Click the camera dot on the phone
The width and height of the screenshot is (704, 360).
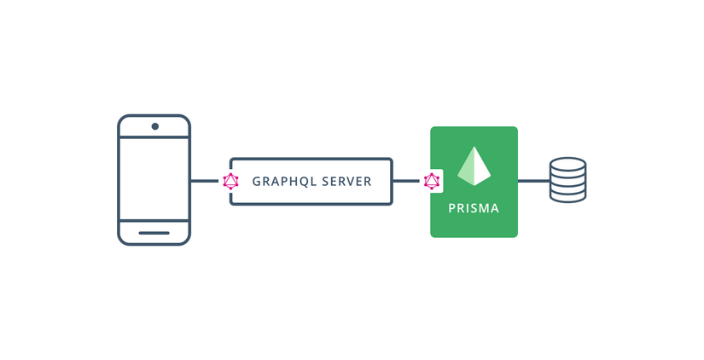[154, 126]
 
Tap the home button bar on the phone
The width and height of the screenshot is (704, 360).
[154, 232]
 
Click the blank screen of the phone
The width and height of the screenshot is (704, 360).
[154, 179]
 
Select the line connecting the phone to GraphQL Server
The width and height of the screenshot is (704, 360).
[204, 181]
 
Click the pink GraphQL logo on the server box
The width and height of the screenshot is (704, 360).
[230, 181]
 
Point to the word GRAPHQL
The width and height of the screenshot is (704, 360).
[282, 181]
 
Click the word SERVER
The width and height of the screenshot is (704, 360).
[345, 181]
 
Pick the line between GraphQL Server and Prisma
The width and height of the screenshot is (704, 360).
[407, 181]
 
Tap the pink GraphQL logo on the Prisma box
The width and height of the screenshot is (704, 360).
[432, 181]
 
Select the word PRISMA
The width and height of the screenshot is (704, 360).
[474, 208]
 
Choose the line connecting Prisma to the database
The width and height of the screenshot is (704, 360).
[533, 181]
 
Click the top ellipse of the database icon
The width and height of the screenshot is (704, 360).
[567, 163]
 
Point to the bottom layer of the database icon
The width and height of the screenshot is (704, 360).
[567, 195]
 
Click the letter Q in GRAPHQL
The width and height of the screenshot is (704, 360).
[304, 181]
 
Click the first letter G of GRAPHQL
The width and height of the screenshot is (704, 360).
[257, 181]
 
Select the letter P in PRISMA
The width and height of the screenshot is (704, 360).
[452, 208]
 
